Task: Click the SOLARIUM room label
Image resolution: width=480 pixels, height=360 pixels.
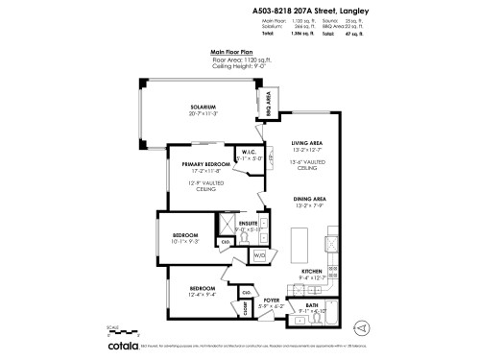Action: tap(202, 108)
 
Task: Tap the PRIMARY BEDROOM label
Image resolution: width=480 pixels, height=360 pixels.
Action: tap(202, 165)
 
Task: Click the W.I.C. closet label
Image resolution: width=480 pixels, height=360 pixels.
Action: tap(247, 152)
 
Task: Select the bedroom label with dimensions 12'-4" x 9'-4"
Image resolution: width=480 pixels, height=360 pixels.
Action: tap(202, 289)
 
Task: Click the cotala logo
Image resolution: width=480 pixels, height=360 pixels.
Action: tap(123, 344)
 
